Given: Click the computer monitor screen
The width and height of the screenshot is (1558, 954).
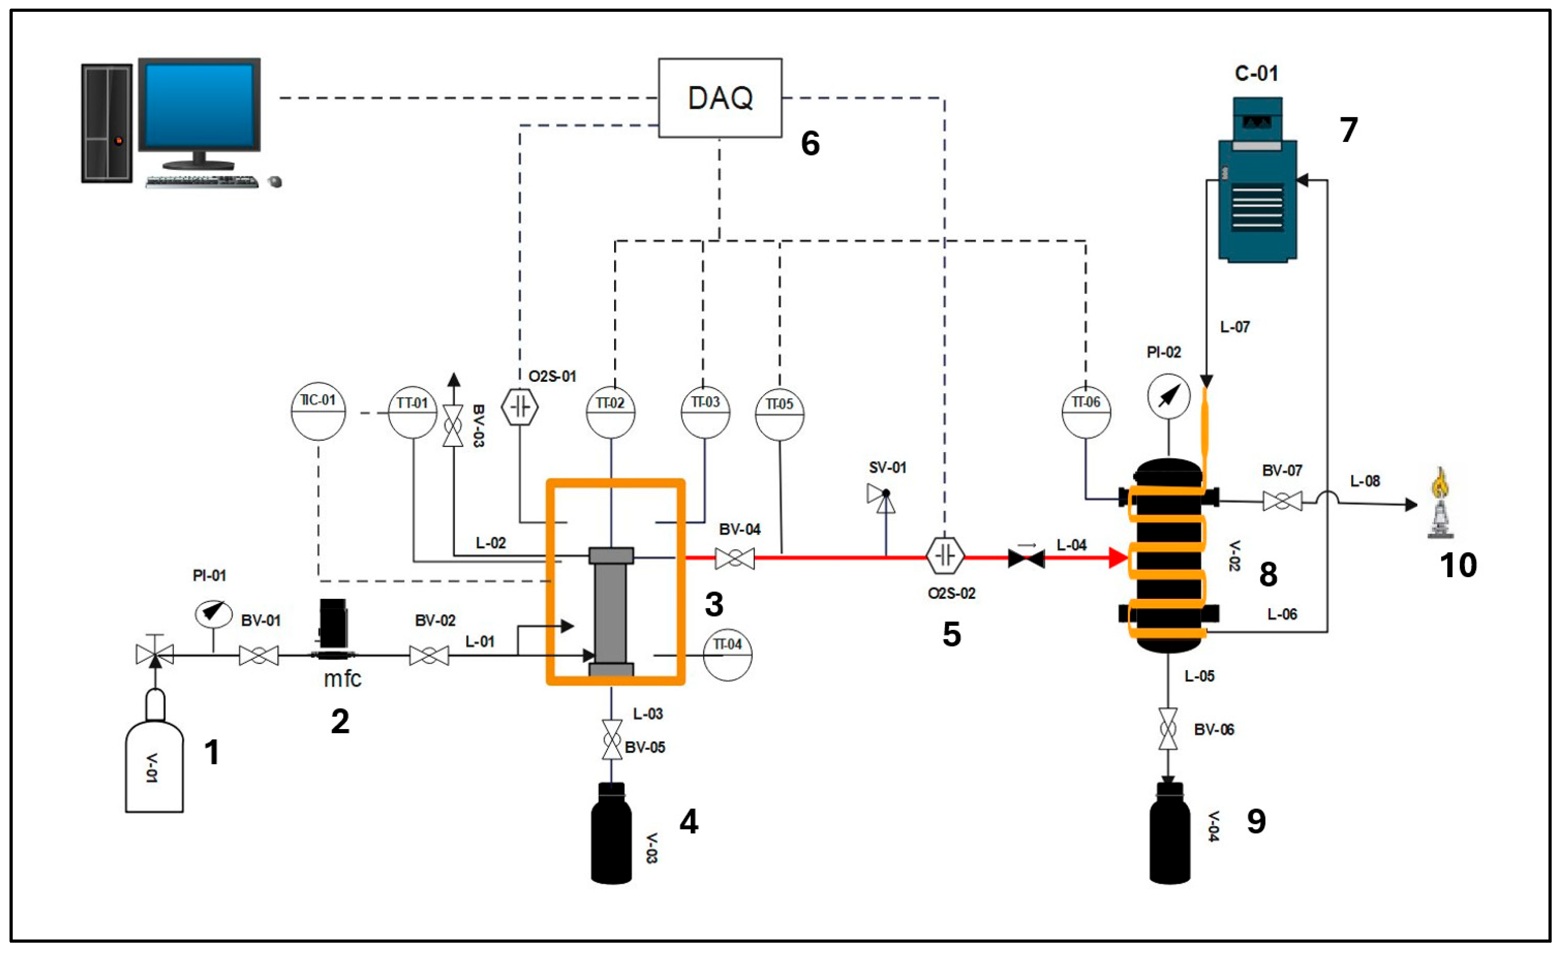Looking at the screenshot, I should (x=199, y=105).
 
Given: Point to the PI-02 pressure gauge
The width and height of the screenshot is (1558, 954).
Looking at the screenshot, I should (x=1168, y=396).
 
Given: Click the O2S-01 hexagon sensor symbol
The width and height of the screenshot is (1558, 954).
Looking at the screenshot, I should (x=520, y=407).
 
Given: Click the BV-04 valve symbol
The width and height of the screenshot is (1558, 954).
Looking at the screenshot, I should (x=734, y=558).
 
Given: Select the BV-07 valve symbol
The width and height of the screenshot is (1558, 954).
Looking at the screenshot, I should (x=1282, y=501).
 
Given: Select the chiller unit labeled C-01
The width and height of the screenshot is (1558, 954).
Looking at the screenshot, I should (x=1257, y=183).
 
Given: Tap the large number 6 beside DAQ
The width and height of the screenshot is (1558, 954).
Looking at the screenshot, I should (x=810, y=144).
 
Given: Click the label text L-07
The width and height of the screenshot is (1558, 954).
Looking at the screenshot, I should (x=1234, y=327).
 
